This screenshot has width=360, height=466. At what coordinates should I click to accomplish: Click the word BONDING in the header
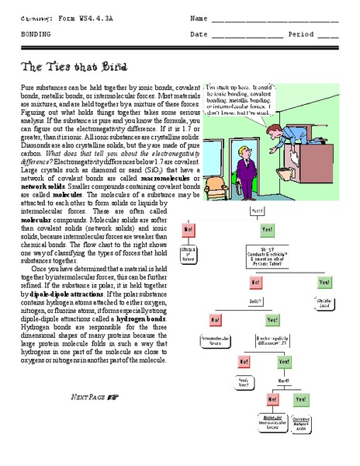(x=36, y=35)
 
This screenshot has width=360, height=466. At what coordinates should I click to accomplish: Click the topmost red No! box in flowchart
(x=189, y=230)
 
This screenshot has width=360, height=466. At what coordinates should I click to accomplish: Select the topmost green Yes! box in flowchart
(x=267, y=230)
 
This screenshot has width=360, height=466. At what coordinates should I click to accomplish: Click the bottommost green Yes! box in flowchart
(x=299, y=399)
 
